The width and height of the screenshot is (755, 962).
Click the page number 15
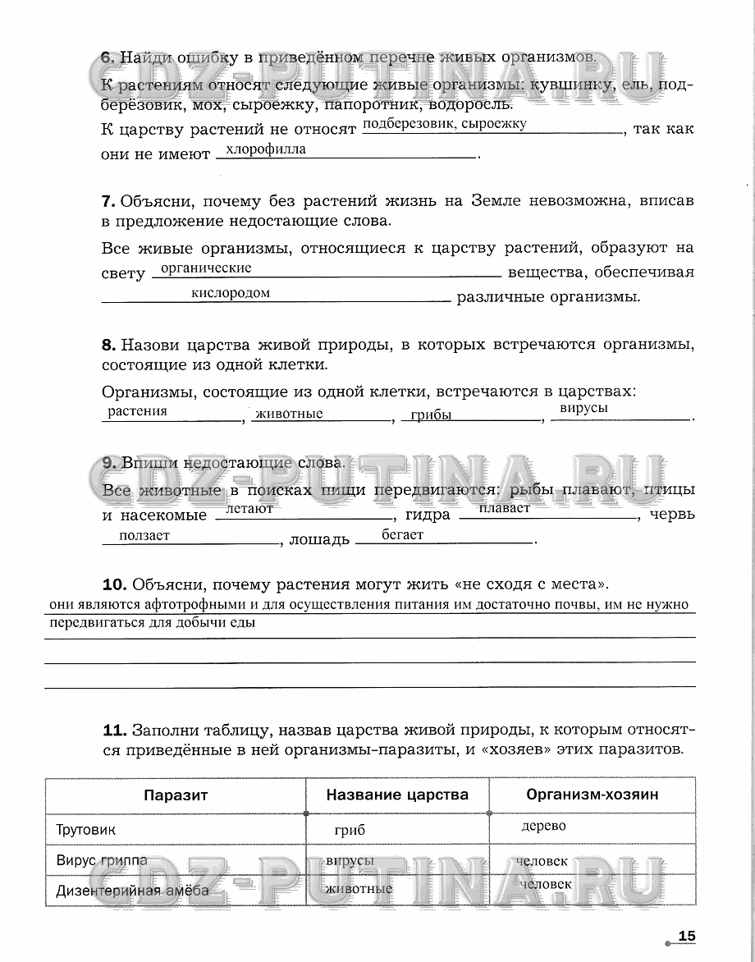pos(687,937)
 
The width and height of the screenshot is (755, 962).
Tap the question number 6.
pos(107,57)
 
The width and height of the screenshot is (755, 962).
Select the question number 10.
pos(114,584)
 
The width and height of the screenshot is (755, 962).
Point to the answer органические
pos(207,268)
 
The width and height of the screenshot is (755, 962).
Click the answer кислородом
pos(231,293)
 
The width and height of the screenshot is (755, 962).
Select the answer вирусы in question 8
pos(583,408)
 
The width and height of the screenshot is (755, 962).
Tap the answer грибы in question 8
pos(432,415)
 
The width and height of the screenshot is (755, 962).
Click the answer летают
pos(249,509)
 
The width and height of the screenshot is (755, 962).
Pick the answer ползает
pos(144,535)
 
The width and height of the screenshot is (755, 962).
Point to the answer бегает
pos(403,534)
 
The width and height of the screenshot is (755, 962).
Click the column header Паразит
pos(176,795)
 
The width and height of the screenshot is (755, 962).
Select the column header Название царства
pos(397,795)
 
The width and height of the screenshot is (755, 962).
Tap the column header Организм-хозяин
pos(593,795)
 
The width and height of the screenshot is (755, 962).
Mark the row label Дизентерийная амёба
pos(132,890)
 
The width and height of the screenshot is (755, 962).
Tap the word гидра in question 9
pos(428,515)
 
